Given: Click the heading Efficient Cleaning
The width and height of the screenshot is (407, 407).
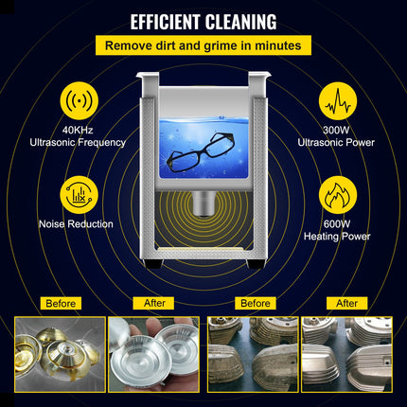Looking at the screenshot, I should coord(203,21).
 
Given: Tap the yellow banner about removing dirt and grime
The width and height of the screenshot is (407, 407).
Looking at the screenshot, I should coord(203,45).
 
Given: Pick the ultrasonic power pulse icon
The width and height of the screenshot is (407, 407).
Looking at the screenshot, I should coord(336,101).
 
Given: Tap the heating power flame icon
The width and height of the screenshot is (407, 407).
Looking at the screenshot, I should coord(336,194).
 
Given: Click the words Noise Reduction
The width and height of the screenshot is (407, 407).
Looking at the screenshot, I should coord(76,224).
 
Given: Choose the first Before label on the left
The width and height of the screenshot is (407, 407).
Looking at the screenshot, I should coord(60,303).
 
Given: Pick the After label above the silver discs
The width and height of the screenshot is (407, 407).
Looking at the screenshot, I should coord(155,303).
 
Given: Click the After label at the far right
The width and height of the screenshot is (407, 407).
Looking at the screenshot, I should coord(346,303).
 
